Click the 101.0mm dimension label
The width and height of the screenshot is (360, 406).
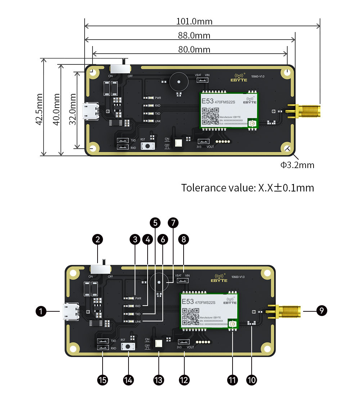[x=194, y=21]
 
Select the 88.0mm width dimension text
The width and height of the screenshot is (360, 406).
[x=194, y=35]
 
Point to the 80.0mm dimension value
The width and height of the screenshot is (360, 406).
[x=194, y=49]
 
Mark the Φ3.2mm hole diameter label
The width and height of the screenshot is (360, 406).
[x=297, y=165]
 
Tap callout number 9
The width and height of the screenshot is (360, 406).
[x=321, y=311]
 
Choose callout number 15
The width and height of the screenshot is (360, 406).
[x=103, y=380]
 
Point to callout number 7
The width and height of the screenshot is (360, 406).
[x=173, y=223]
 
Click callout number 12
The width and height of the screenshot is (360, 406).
[x=184, y=380]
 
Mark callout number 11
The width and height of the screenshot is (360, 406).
[x=233, y=380]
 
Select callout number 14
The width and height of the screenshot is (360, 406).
[x=129, y=380]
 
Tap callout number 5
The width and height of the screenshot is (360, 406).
[x=155, y=223]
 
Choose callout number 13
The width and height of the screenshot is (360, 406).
[x=158, y=380]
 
